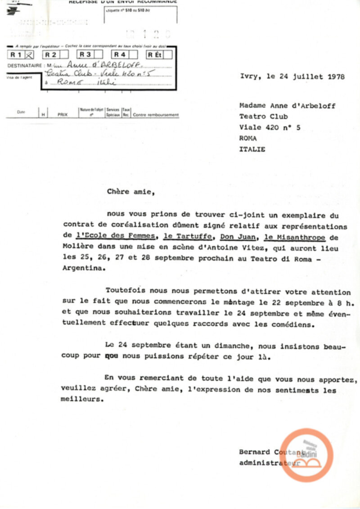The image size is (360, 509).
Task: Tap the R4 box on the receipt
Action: pos(121,55)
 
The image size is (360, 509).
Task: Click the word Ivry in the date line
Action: pos(249,77)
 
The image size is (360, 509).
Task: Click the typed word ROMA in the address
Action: pos(248,138)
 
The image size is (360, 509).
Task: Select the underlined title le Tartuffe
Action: pos(183,236)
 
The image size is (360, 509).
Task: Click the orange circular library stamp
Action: pos(307,455)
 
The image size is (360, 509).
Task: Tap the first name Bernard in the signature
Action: pos(255,452)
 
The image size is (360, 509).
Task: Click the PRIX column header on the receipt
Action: pos(62,115)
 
